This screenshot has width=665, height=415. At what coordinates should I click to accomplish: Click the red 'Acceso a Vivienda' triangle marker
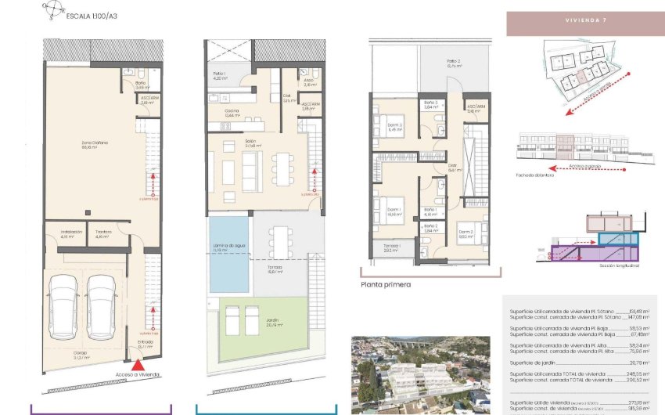tap(138, 364)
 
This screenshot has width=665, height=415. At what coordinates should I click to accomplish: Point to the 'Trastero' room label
tap(104, 233)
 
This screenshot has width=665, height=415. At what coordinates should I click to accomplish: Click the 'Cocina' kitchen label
tap(231, 113)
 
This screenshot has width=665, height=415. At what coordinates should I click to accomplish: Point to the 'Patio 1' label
tap(219, 76)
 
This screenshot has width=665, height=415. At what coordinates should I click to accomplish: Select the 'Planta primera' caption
tap(386, 285)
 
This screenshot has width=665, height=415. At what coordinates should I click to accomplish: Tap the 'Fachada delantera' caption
tap(536, 175)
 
